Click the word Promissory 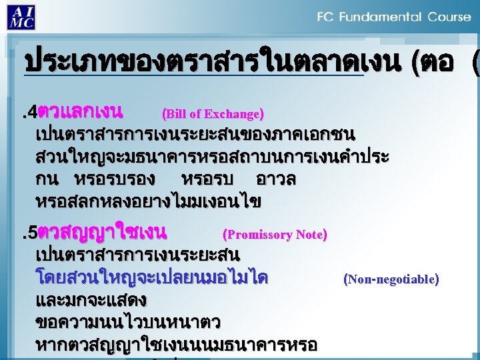pyautogui.click(x=259, y=235)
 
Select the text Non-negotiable pyautogui.click(x=391, y=279)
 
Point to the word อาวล pyautogui.click(x=276, y=179)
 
